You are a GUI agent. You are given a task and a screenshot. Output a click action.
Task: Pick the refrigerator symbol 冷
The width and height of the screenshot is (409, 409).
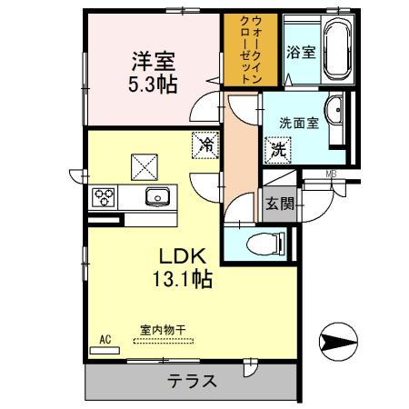pyautogui.click(x=206, y=145)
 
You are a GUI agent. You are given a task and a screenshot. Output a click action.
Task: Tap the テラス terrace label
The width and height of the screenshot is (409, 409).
pyautogui.click(x=191, y=381)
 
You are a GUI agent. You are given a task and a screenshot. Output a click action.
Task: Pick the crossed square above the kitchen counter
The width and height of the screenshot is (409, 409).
pyautogui.click(x=143, y=165)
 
